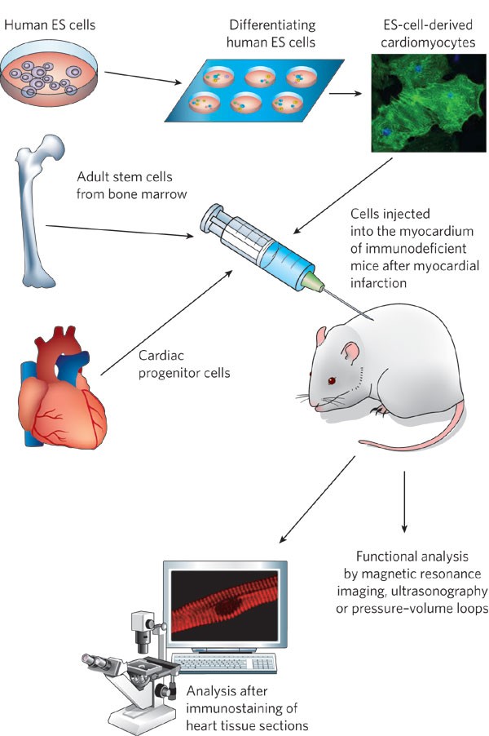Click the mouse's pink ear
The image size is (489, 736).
point(348,352)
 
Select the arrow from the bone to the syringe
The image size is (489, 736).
point(122,231)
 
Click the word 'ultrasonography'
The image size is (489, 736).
point(439,589)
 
